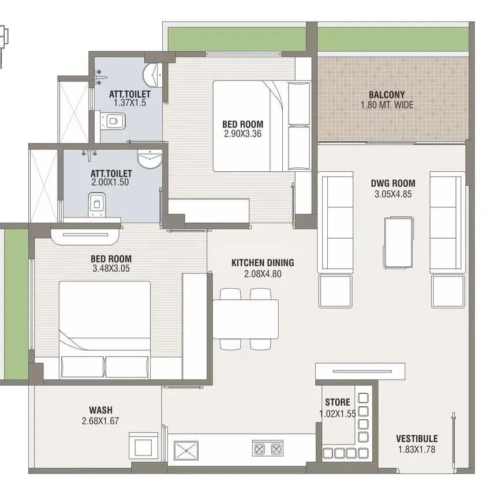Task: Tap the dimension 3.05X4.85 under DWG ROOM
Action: coord(393,194)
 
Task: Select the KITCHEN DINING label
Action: coord(263,263)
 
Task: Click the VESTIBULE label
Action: coord(416,439)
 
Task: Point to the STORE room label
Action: coord(337,402)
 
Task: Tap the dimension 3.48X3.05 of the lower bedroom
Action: coord(111,269)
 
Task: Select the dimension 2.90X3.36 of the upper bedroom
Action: coord(243,134)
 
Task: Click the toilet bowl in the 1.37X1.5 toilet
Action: coord(115,121)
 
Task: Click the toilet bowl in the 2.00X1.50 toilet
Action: coord(96,203)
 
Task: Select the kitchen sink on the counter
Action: coord(186,450)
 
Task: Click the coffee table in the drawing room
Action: coord(398,242)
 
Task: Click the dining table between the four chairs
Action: coord(246,319)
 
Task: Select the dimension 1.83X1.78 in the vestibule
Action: coord(416,449)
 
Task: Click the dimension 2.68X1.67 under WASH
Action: coord(100,421)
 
